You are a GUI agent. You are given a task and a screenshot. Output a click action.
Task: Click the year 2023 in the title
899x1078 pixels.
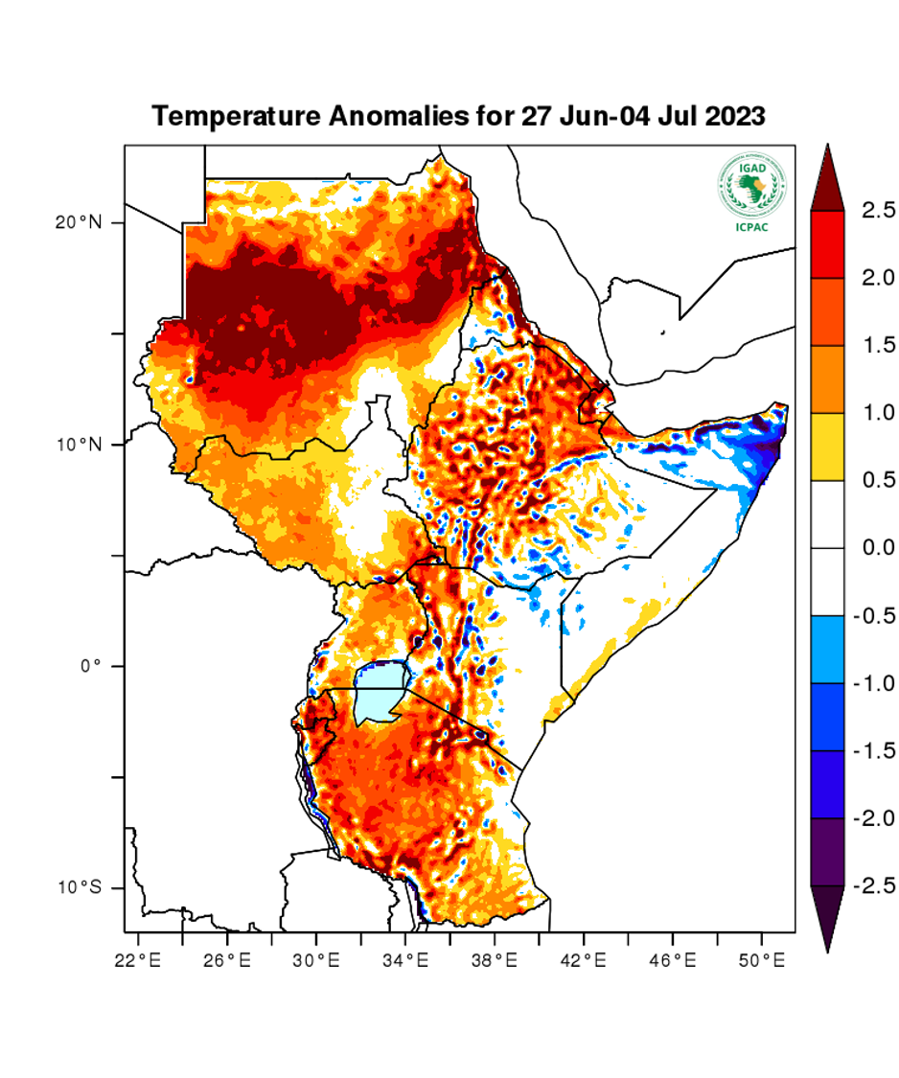[x=736, y=117]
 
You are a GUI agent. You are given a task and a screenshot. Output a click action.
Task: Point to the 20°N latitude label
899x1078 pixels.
[x=78, y=222]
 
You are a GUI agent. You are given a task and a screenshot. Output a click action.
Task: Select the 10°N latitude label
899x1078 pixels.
[x=78, y=445]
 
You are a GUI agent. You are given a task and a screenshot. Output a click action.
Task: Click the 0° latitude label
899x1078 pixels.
[x=91, y=666]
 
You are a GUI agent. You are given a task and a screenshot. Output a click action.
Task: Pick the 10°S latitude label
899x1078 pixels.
[x=78, y=888]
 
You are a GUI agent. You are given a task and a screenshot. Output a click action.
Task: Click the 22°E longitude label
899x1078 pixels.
[x=138, y=959]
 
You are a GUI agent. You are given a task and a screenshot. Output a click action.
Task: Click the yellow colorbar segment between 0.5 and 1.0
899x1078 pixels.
[x=827, y=447]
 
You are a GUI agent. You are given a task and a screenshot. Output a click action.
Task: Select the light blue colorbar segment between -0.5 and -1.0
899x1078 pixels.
[x=827, y=650]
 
